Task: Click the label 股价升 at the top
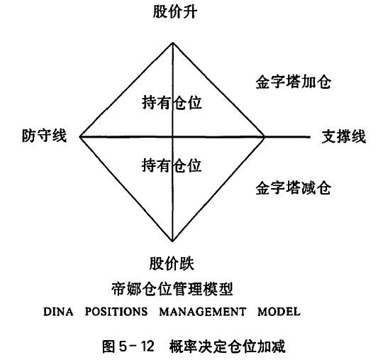click(175, 12)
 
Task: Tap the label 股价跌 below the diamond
click(172, 263)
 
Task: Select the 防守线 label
click(45, 136)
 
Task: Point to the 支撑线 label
click(344, 136)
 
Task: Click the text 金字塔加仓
click(294, 82)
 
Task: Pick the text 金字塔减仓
click(294, 187)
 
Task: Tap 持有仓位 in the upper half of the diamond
click(172, 102)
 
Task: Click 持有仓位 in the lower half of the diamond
click(172, 165)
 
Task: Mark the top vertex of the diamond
click(173, 43)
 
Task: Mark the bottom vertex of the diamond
click(172, 241)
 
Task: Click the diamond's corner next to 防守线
click(80, 136)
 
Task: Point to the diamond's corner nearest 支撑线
click(265, 137)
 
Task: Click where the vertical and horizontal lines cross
click(172, 137)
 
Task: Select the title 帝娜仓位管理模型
click(172, 289)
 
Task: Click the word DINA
click(58, 312)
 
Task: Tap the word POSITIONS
click(116, 312)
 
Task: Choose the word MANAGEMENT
click(203, 312)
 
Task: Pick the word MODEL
click(279, 312)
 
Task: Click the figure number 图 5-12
click(128, 347)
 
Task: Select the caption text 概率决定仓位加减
click(227, 347)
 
